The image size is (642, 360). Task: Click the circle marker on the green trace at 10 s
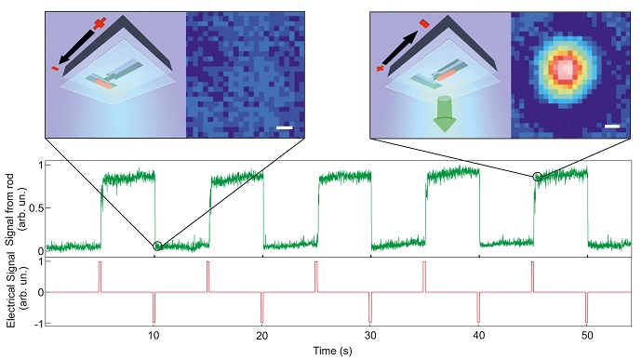157,246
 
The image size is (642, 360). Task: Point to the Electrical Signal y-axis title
12,291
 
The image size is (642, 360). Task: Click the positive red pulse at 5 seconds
100,276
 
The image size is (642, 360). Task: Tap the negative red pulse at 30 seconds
370,307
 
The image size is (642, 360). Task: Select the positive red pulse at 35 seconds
424,276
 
